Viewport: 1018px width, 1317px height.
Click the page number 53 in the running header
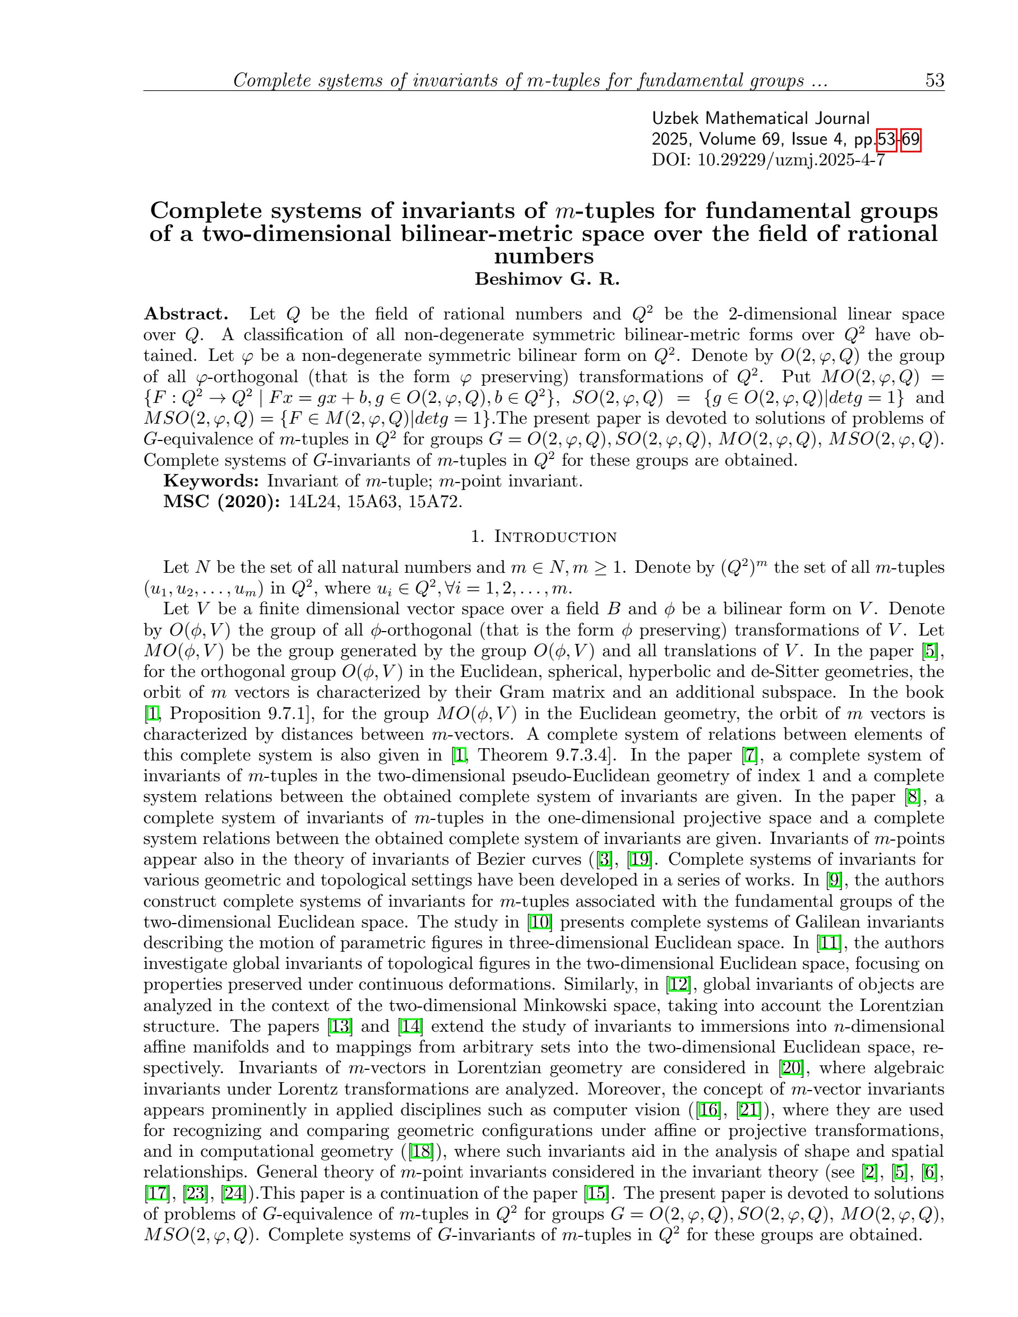934,80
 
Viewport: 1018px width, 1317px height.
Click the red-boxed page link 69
910,140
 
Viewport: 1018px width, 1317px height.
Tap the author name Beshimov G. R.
547,279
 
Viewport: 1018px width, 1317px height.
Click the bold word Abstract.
186,314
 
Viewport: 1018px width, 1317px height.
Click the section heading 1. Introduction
543,537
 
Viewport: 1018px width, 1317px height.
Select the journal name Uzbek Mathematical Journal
761,118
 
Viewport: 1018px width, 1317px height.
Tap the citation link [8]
913,796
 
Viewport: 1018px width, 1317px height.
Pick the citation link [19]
638,859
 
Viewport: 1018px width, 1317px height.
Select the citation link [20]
790,1068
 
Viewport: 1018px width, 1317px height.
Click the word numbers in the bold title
543,256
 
